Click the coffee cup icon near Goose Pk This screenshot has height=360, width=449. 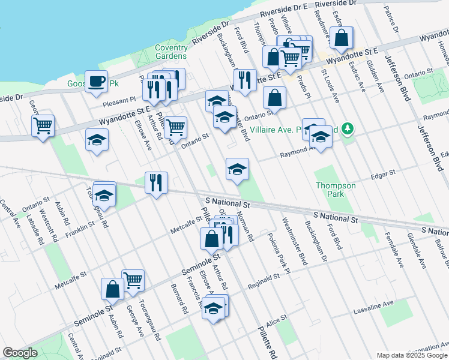[x=96, y=82]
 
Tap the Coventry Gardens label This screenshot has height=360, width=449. [x=171, y=52]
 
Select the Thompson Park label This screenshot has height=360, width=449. [x=336, y=190]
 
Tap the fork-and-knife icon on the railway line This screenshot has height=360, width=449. [x=156, y=182]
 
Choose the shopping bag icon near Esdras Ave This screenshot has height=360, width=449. [x=342, y=39]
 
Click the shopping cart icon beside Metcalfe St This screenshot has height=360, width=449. [x=133, y=280]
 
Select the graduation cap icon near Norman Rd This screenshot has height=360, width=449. [x=237, y=170]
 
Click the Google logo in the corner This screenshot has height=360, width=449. [x=20, y=353]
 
